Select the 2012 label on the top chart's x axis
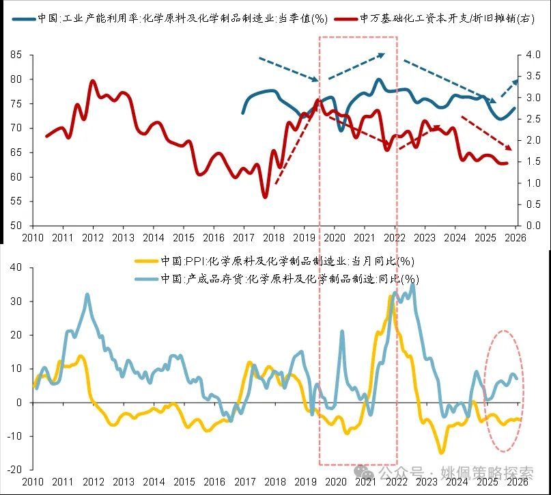point(92,238)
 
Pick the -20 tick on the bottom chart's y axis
point(14,469)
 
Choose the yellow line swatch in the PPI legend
point(147,261)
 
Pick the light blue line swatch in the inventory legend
point(147,278)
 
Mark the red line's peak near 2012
point(93,81)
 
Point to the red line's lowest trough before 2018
point(265,197)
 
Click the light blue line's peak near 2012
point(87,295)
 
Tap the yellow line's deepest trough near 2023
point(442,452)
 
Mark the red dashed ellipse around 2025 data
point(504,390)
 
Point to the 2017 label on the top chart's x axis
point(243,238)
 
